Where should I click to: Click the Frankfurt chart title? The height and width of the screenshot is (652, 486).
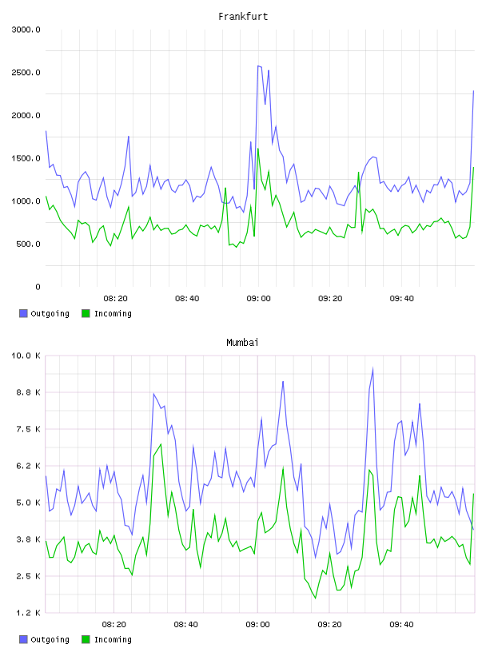[243, 17]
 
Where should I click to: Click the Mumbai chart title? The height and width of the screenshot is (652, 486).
[242, 343]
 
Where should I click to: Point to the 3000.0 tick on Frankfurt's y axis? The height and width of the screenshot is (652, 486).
[26, 30]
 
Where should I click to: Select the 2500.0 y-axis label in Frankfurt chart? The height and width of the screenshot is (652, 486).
[26, 73]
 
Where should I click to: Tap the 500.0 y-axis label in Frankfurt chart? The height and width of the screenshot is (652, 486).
[28, 244]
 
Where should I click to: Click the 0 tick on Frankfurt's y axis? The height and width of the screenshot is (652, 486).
[38, 287]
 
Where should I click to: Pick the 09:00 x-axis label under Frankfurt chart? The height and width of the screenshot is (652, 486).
[258, 299]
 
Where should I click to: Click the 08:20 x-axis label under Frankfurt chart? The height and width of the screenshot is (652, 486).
[115, 299]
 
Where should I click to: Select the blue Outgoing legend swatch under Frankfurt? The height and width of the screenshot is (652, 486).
[23, 313]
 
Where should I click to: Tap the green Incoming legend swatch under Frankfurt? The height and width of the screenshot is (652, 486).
[86, 313]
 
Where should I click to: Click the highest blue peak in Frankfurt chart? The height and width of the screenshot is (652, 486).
[258, 66]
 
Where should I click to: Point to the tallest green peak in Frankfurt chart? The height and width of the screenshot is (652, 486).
[258, 149]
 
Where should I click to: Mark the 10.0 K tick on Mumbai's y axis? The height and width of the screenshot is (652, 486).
[26, 356]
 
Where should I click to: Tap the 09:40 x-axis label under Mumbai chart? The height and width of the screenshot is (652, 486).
[401, 625]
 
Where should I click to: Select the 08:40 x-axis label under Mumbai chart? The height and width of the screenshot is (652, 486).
[185, 625]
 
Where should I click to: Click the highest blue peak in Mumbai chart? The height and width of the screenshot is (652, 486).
[372, 368]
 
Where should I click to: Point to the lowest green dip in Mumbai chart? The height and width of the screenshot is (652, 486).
[316, 598]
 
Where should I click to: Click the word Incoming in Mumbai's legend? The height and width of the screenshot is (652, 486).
[113, 639]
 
